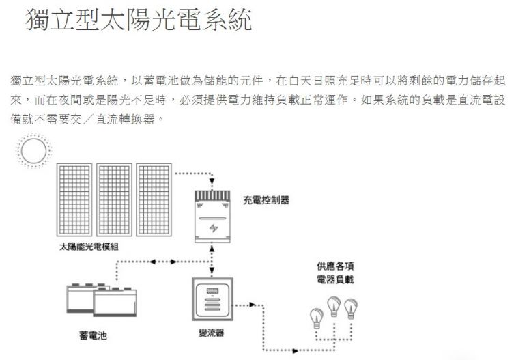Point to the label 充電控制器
point(266,200)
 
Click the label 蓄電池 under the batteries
point(92,336)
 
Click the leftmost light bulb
point(316,316)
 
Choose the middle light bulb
point(334,303)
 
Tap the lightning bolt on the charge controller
point(214,227)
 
